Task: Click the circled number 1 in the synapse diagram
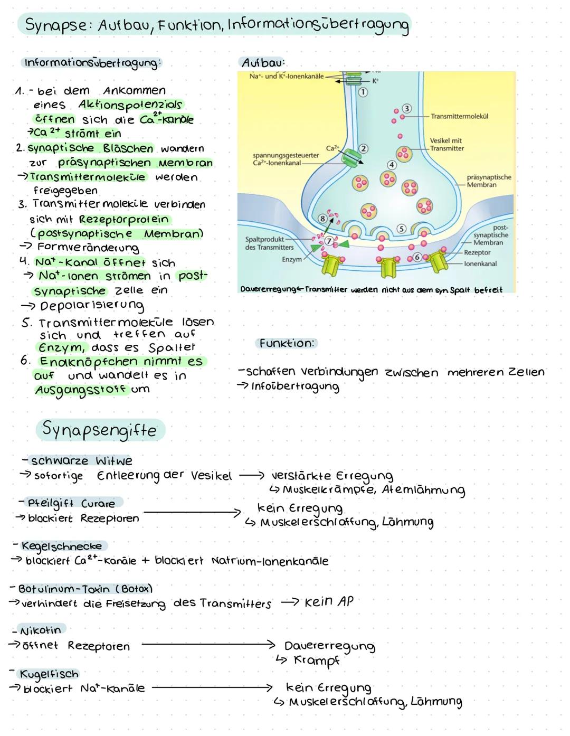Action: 363,92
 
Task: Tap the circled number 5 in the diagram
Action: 401,229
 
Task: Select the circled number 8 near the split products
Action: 322,218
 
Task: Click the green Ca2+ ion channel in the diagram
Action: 349,157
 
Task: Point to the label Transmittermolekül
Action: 459,116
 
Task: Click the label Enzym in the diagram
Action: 292,260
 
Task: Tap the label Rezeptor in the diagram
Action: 477,253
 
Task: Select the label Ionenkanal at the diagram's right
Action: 480,263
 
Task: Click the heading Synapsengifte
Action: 99,430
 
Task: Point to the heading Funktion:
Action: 287,343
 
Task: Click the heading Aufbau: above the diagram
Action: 263,63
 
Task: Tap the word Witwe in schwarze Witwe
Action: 114,461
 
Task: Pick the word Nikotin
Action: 41,630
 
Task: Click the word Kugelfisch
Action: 49,674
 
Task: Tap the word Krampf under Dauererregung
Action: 316,660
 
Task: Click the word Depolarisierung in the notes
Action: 92,306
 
